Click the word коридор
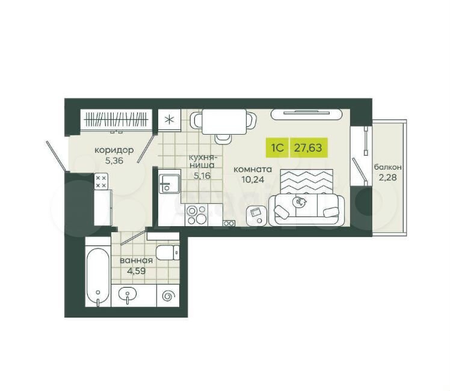point(114,150)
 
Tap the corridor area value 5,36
point(114,161)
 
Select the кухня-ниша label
point(202,161)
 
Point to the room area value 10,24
point(253,180)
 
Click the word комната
point(253,170)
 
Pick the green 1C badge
point(277,148)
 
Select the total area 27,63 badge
point(309,148)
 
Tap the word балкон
point(387,167)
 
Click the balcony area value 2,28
point(387,177)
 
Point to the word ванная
point(137,260)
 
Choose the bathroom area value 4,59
point(137,271)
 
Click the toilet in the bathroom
point(168,253)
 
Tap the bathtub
point(98,278)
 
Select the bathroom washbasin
point(127,294)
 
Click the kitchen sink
point(169,183)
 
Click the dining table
point(224,122)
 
